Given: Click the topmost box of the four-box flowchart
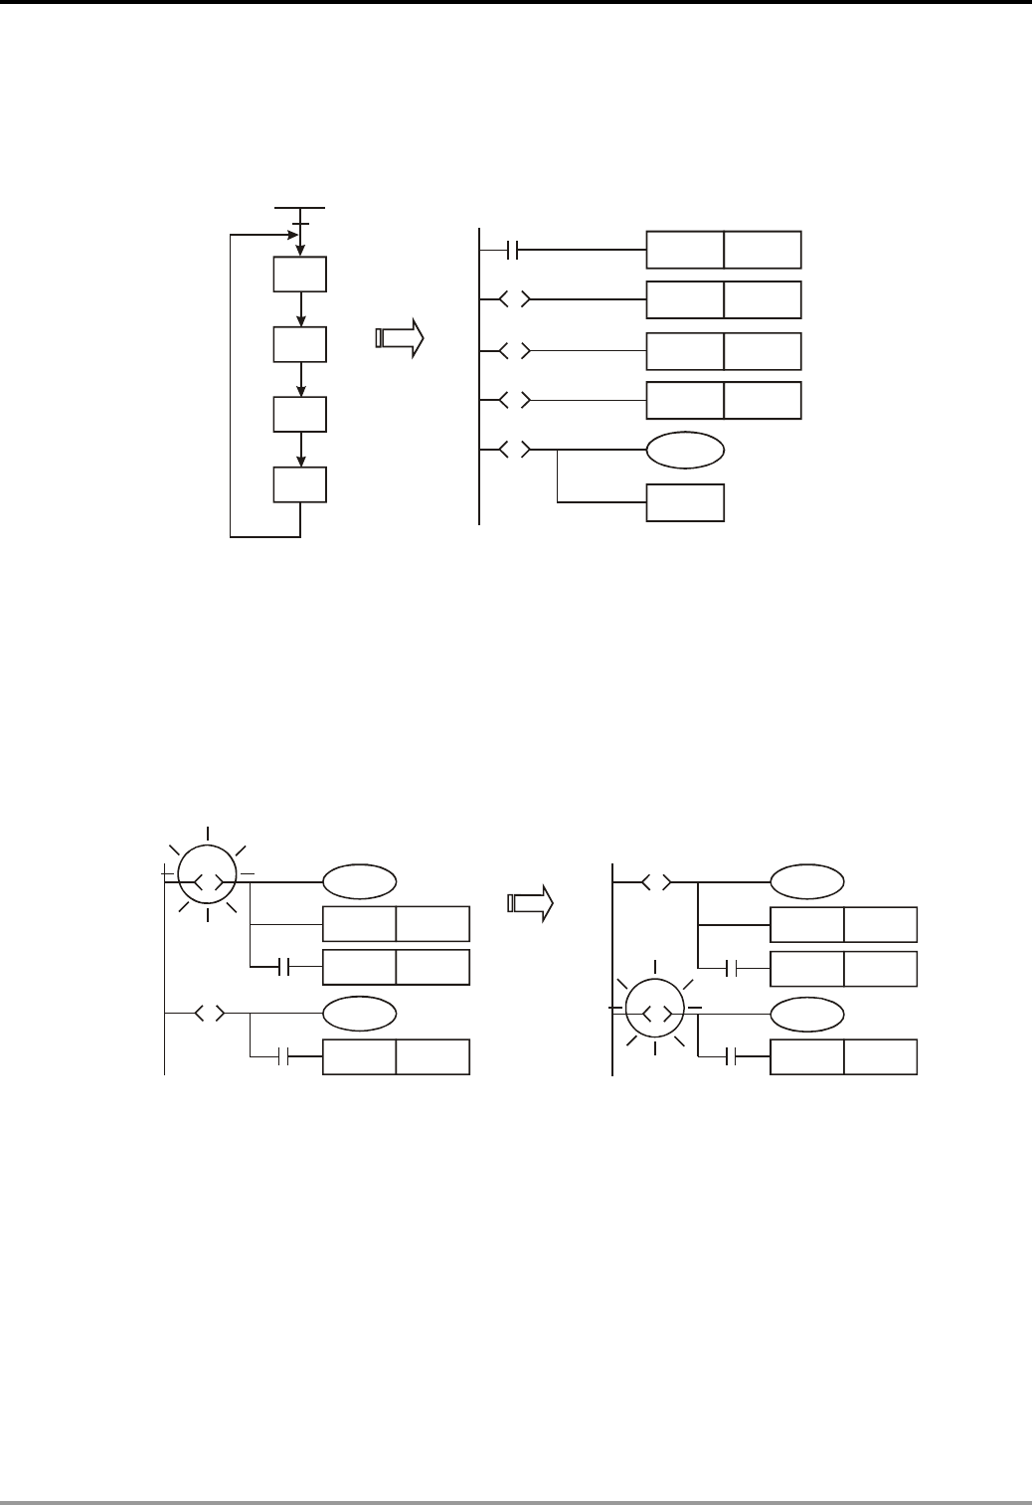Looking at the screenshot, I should (299, 274).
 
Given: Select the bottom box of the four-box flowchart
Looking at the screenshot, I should (299, 484).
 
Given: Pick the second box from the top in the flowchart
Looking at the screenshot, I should (299, 343).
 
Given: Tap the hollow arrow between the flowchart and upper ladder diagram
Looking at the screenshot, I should (400, 338).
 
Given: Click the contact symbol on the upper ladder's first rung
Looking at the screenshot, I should (513, 250).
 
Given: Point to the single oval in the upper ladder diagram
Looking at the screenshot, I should (685, 450).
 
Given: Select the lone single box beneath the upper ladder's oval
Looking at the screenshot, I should (685, 502).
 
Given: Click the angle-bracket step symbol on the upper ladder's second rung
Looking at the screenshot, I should (513, 298).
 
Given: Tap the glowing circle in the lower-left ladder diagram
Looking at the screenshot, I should (207, 881).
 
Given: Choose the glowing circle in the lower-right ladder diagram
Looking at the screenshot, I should (655, 1013).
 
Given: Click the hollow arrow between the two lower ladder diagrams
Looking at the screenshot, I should (529, 903).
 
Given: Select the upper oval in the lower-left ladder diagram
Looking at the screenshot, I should (360, 881).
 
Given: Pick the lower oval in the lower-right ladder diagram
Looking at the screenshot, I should (807, 1013).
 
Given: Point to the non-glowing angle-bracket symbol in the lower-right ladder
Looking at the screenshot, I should (655, 881).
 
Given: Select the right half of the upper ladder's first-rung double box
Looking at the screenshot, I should (762, 250).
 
